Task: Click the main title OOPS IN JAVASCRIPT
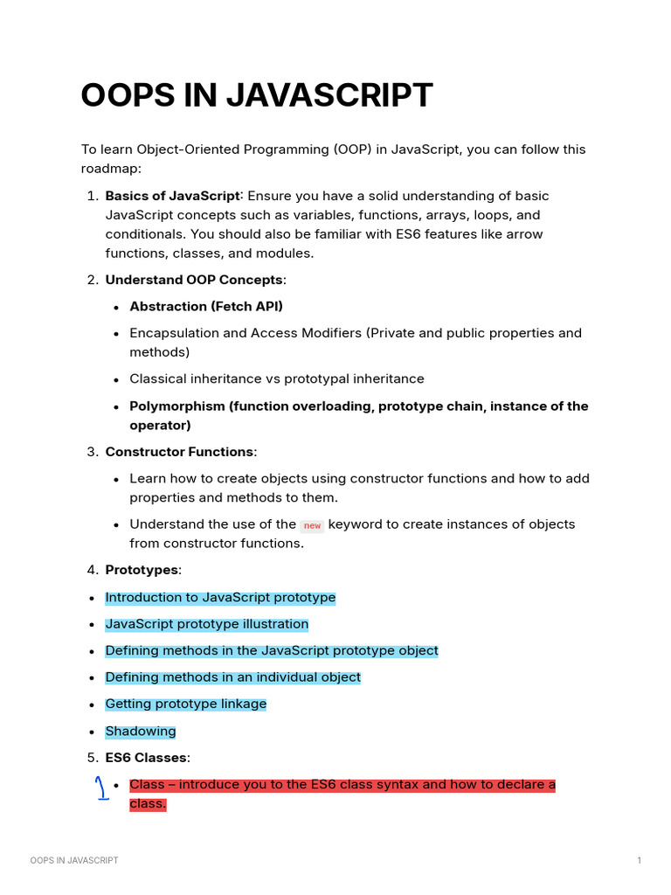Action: [x=256, y=95]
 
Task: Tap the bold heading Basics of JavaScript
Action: [x=171, y=196]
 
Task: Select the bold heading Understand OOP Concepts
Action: [x=194, y=280]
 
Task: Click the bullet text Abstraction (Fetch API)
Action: [x=206, y=306]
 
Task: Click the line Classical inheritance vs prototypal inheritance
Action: [x=276, y=378]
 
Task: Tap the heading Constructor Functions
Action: [x=179, y=452]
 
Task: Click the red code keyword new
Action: [x=312, y=525]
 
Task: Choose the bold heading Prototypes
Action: [x=142, y=570]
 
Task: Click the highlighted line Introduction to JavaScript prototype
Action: [x=220, y=598]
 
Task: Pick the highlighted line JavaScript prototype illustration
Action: [x=206, y=624]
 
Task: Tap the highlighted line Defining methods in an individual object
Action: [x=232, y=677]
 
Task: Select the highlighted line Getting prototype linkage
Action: [x=185, y=704]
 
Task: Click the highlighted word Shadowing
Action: [x=141, y=731]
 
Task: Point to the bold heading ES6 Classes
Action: [x=146, y=758]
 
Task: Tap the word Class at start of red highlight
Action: [x=147, y=785]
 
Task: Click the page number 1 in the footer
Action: [x=640, y=861]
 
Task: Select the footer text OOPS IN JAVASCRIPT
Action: [x=74, y=861]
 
